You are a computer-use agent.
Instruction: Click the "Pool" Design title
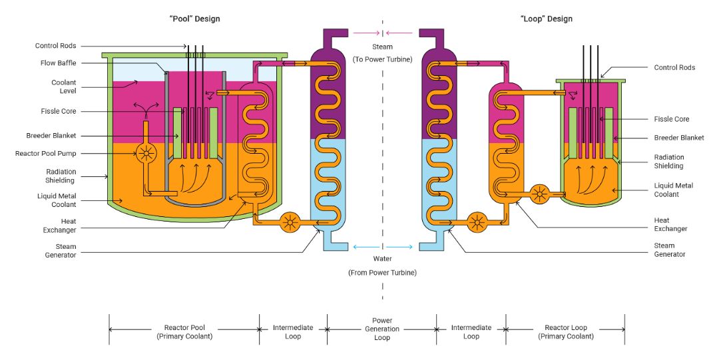point(194,19)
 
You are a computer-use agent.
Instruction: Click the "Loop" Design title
point(546,19)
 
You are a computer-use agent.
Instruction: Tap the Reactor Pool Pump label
point(46,154)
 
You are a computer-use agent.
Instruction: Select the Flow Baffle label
point(57,63)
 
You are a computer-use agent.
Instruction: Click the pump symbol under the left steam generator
point(289,222)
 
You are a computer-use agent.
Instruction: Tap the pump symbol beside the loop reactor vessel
point(540,194)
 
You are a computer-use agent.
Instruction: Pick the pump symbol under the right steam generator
point(476,222)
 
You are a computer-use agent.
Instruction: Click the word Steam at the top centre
point(382,47)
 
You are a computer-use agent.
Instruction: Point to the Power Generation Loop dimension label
point(382,329)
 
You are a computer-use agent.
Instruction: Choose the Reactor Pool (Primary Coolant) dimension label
point(184,332)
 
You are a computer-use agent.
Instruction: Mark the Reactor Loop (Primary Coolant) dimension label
point(566,332)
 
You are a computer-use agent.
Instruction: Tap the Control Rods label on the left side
point(56,46)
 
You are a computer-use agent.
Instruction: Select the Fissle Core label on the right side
point(672,119)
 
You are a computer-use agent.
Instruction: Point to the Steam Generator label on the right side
point(670,250)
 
